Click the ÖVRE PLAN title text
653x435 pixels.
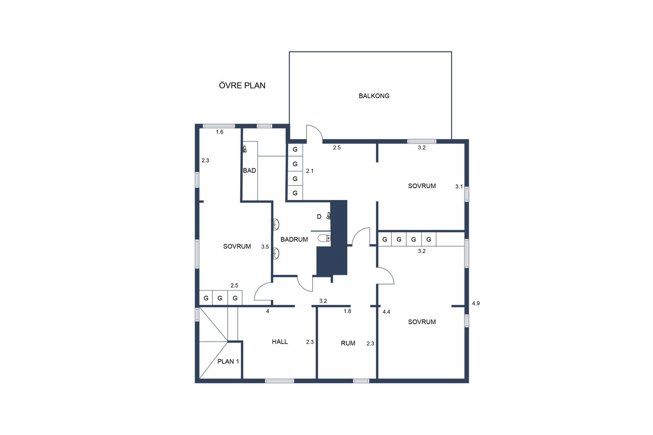tap(242, 85)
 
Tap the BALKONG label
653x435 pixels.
tap(374, 96)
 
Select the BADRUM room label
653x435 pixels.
tap(294, 240)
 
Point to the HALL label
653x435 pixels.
tap(280, 342)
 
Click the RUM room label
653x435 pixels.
tap(348, 343)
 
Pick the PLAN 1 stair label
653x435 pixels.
tap(228, 362)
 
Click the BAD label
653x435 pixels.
tap(249, 170)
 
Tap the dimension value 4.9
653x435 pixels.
tap(476, 303)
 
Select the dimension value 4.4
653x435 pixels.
tap(386, 312)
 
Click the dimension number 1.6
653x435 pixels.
tap(219, 132)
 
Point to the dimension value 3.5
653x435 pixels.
tap(265, 247)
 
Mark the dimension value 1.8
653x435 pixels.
tap(347, 311)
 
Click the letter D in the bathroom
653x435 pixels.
tap(319, 217)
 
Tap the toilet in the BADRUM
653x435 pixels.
tap(324, 238)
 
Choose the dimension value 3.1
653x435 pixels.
tap(459, 187)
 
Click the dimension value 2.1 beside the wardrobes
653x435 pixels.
tap(310, 171)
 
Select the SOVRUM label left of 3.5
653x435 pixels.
tap(237, 246)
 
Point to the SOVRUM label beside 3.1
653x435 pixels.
tap(422, 186)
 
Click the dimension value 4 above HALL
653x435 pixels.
tap(268, 311)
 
